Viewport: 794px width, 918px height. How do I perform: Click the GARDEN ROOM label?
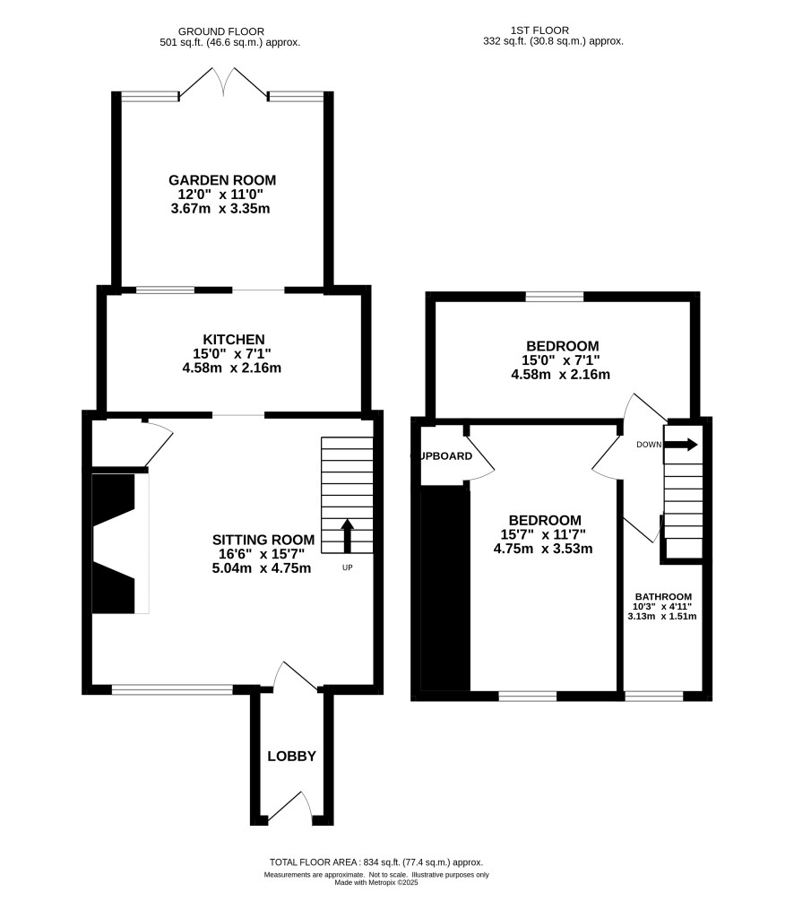click(222, 180)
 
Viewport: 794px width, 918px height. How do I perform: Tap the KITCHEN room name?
click(234, 340)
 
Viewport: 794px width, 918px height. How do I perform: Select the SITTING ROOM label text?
click(263, 540)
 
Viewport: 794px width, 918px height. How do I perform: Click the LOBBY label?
click(291, 757)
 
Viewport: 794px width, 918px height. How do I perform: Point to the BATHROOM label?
click(663, 596)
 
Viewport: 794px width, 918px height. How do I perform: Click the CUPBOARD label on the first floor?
click(443, 456)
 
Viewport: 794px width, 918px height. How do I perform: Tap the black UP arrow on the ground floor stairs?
click(347, 536)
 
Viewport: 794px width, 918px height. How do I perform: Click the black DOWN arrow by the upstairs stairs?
click(680, 445)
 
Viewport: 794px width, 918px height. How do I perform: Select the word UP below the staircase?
click(348, 567)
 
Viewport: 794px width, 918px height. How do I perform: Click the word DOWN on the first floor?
click(649, 445)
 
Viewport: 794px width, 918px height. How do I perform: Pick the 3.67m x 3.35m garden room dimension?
click(220, 208)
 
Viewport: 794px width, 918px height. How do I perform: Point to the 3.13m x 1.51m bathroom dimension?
click(662, 616)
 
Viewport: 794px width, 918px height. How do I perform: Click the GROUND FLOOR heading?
click(221, 31)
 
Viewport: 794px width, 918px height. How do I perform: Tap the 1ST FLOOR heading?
click(539, 30)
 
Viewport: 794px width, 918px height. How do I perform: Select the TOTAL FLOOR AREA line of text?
click(376, 862)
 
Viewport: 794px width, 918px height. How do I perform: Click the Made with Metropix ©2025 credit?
click(376, 882)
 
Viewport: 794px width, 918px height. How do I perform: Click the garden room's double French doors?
click(223, 82)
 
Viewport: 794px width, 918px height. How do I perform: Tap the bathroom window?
click(653, 696)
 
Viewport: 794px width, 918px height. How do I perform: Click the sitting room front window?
click(172, 690)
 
